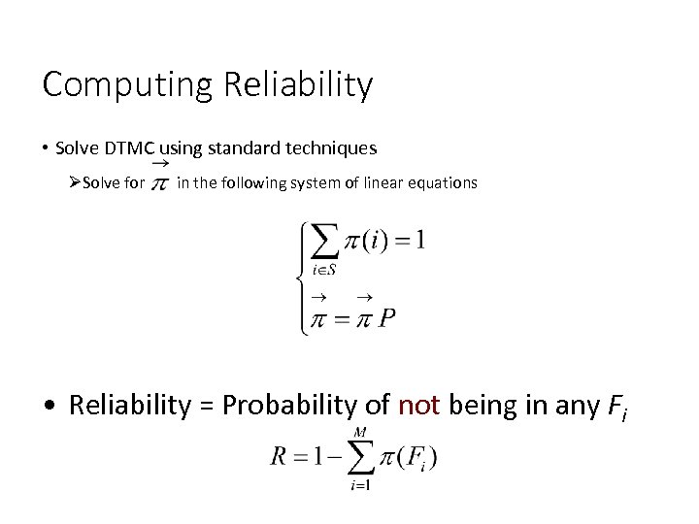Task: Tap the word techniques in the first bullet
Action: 330,148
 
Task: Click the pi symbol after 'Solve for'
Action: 160,182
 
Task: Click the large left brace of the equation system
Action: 301,278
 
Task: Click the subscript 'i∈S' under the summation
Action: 324,269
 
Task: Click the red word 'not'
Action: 418,404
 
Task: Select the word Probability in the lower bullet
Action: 296,404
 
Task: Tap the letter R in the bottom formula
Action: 279,457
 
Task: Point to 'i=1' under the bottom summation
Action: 360,484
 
